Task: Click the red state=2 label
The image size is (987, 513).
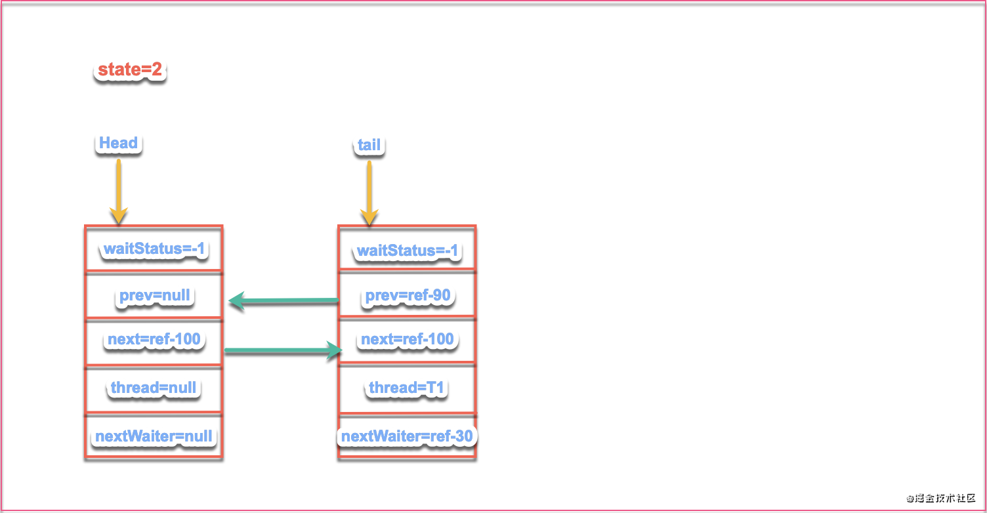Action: coord(129,70)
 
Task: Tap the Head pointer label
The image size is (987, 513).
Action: coord(118,142)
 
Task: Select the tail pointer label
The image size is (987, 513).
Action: coord(369,145)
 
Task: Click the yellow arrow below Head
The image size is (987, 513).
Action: coord(119,191)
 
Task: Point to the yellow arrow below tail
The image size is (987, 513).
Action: coord(369,193)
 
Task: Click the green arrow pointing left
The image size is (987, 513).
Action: coord(283,300)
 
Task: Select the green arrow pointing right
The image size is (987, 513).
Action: coord(283,350)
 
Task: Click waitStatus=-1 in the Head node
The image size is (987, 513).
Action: coord(154,249)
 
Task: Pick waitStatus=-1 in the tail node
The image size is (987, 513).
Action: coord(407,251)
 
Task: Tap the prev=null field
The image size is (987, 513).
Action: coord(155,295)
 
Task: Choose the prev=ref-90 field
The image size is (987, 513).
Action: coord(408,295)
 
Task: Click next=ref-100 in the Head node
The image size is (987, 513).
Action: coord(154,339)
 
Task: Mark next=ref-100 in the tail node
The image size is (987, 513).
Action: coord(407,339)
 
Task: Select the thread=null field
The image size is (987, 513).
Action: coord(154,388)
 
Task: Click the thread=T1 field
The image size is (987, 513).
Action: coord(406,388)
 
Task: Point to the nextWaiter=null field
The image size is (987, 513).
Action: coord(154,436)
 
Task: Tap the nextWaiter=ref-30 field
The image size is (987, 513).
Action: coord(407,436)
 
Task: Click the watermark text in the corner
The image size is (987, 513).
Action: coord(941,498)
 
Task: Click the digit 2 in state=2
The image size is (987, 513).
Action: coord(156,70)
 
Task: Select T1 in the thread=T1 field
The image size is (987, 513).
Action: coord(434,388)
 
